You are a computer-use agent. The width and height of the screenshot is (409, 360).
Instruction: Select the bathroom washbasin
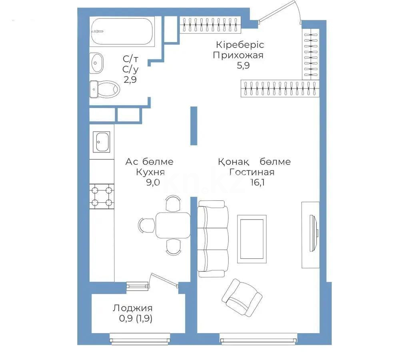tap(97, 62)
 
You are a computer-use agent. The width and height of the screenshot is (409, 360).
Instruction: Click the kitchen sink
tap(102, 142)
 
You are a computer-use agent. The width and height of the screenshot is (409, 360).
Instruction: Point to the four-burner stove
tap(102, 196)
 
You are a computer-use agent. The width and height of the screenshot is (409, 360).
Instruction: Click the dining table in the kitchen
tap(173, 225)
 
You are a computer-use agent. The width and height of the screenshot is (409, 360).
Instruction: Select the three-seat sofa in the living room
tap(213, 239)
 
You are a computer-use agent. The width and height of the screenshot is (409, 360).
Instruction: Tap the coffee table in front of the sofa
tap(251, 239)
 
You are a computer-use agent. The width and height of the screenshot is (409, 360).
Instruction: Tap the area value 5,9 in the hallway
tap(243, 66)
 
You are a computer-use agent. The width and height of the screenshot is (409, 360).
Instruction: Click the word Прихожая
tap(238, 55)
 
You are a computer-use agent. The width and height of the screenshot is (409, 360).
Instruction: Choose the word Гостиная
tap(251, 172)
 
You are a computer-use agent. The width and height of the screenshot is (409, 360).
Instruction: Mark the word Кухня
tap(150, 172)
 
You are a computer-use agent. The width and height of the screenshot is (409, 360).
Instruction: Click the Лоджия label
tap(132, 308)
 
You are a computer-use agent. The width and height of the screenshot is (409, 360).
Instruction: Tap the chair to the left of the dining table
tap(146, 224)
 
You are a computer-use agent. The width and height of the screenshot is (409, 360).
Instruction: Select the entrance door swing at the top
tap(280, 12)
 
